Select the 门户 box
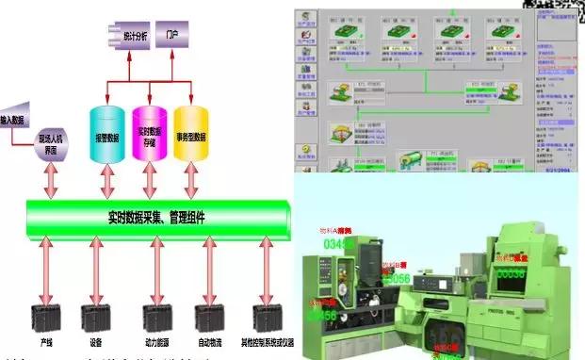[171, 34]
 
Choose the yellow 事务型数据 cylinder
[191, 136]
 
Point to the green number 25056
[396, 279]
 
